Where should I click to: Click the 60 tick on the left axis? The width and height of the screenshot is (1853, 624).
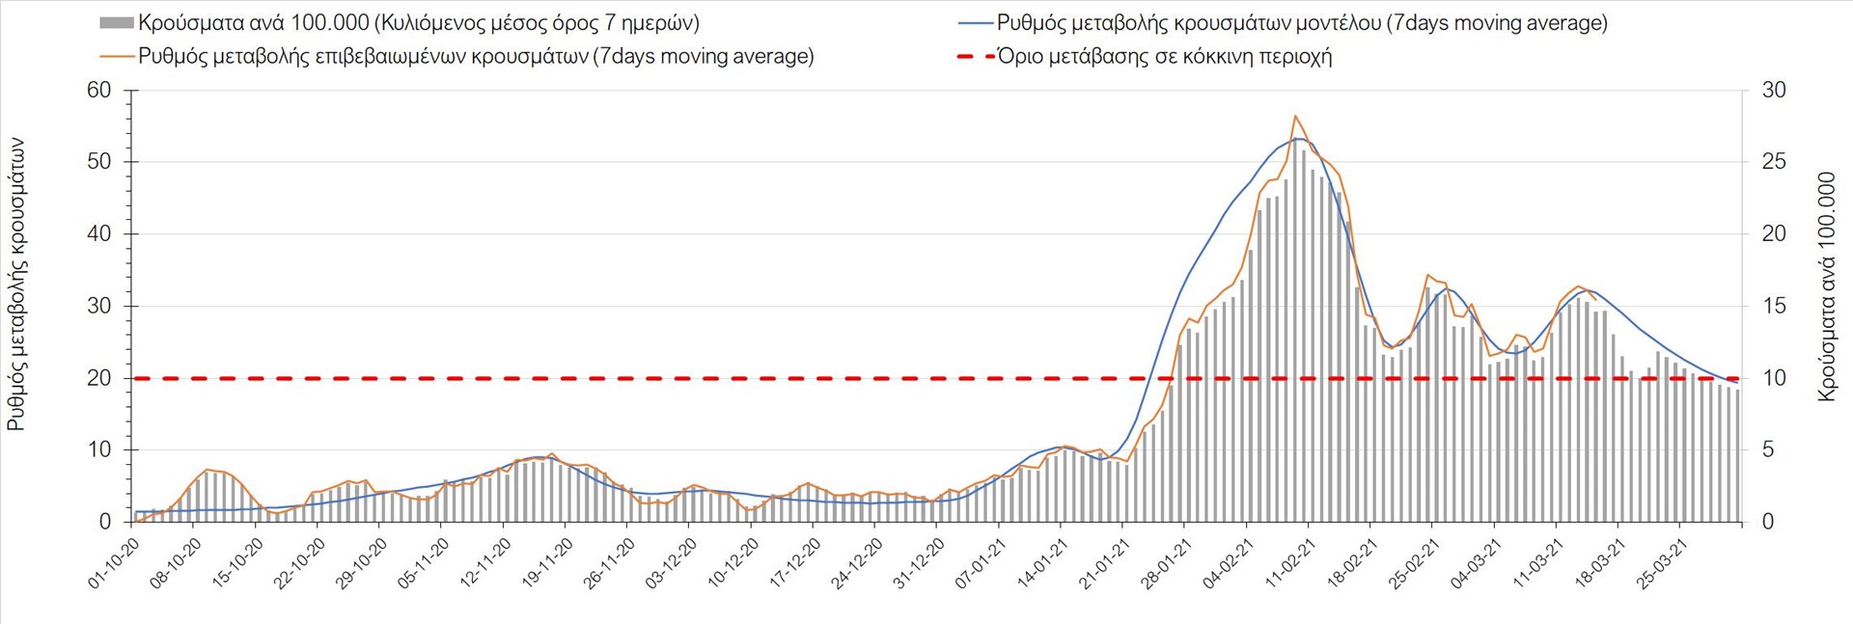(x=99, y=91)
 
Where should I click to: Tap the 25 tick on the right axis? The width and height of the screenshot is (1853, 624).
(x=1774, y=162)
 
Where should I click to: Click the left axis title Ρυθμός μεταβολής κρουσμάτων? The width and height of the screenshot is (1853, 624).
(x=16, y=284)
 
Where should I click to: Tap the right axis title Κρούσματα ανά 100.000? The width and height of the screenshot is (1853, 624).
(x=1827, y=286)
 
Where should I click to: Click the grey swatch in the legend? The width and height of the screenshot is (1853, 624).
(x=116, y=23)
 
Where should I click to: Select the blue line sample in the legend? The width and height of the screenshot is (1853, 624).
(x=976, y=23)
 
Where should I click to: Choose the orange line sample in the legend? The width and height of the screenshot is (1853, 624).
(x=117, y=56)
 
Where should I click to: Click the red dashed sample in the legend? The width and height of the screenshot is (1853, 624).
(x=975, y=56)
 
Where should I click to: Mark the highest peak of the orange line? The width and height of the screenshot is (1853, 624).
(x=1295, y=116)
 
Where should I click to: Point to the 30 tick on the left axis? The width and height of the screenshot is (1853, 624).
(x=99, y=307)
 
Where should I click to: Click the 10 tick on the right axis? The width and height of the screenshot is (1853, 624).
(x=1774, y=378)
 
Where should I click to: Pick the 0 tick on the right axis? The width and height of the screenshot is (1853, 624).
(x=1768, y=522)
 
